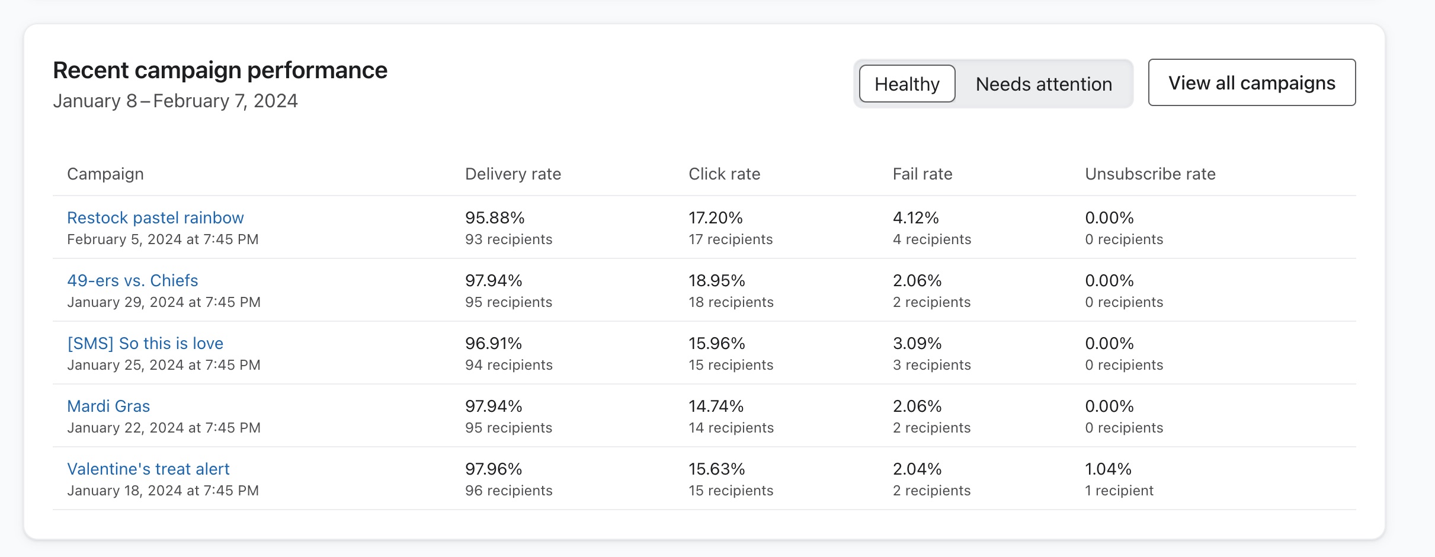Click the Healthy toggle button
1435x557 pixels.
907,84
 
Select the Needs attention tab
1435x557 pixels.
1043,84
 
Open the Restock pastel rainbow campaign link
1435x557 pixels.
155,218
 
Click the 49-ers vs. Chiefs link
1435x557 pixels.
132,281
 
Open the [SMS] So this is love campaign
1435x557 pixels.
145,344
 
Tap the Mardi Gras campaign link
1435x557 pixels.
108,406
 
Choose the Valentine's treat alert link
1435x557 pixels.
148,469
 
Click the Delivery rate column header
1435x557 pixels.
512,174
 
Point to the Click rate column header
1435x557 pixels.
724,174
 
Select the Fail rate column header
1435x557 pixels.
922,174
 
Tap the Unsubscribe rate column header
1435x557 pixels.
1149,174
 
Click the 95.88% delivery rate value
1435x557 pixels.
495,218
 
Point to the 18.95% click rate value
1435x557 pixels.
716,281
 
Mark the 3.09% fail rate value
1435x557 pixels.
917,344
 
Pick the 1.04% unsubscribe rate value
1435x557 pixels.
1107,469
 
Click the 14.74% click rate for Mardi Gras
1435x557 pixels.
716,406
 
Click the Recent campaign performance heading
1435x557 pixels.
220,71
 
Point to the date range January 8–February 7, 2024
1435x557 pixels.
175,101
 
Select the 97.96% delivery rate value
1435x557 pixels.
494,469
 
